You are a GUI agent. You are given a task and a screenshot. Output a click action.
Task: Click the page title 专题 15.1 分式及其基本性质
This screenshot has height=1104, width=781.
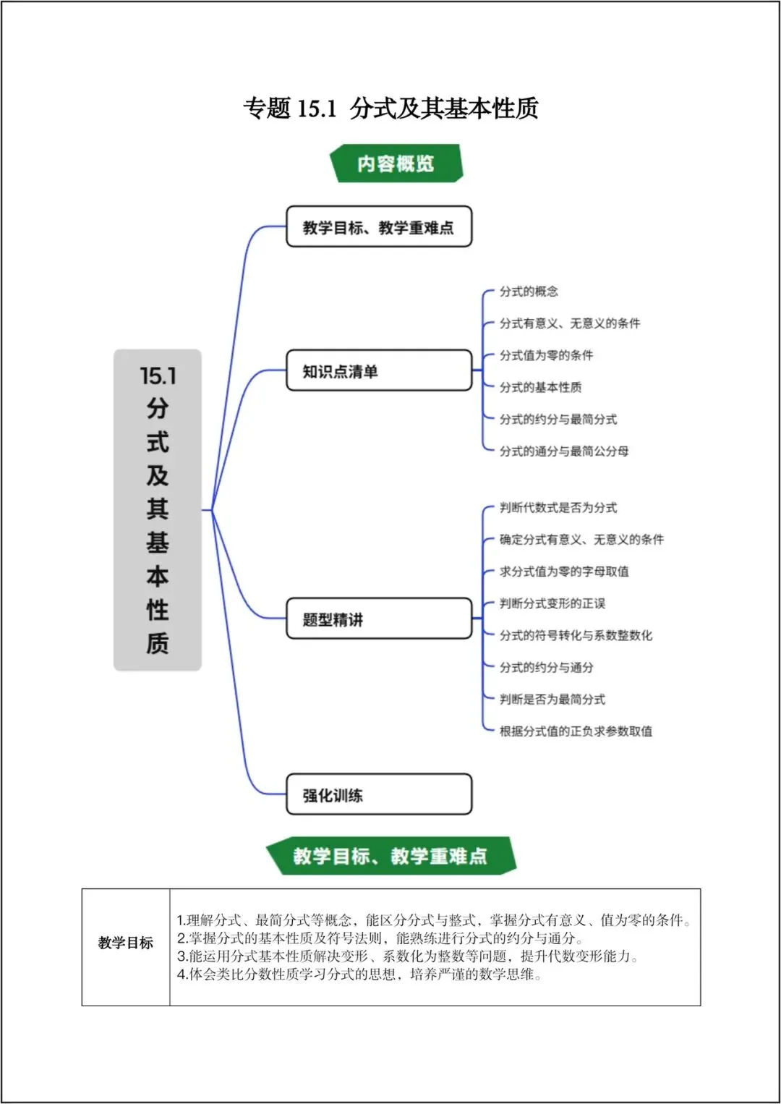coord(390,109)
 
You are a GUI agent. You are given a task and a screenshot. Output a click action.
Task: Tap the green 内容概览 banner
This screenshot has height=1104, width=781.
coord(395,164)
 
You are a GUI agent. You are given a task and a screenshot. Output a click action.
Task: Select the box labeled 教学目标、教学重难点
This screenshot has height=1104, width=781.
coord(379,227)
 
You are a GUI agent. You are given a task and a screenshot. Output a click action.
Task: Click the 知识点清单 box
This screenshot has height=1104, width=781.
coord(379,371)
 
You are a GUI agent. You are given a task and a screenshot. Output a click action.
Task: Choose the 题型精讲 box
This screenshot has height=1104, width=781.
coord(379,619)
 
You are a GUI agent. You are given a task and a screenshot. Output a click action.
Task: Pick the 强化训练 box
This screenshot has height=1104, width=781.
coord(379,795)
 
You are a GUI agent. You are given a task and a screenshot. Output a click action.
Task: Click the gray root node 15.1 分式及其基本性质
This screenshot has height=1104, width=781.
coord(158,510)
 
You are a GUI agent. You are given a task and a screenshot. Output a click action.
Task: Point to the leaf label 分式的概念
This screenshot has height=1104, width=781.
coord(529,292)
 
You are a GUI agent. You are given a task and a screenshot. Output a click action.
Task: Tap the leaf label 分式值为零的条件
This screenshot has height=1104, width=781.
coord(546,355)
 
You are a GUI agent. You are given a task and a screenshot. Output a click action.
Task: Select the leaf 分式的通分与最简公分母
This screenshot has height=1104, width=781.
coord(564,451)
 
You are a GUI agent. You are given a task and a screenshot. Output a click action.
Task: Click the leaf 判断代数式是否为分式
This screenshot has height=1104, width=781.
coord(558,508)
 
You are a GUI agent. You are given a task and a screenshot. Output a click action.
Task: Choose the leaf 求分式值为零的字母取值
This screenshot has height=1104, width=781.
coord(564,572)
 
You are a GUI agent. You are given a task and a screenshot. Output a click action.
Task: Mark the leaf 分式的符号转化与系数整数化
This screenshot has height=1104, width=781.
coord(576,635)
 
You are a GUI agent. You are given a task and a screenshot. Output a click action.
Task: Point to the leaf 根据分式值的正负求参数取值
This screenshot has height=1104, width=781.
coord(576,731)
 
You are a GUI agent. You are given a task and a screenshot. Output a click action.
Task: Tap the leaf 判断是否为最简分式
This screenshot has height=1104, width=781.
coord(552,700)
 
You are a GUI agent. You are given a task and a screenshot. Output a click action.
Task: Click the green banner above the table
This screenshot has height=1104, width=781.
coord(390,856)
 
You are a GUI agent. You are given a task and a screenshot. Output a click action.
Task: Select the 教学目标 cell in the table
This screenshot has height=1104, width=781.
coord(126,943)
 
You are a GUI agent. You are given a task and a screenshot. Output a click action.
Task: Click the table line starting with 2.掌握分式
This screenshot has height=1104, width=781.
coord(380,938)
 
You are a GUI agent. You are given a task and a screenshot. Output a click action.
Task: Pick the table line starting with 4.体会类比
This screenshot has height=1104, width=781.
coord(359,975)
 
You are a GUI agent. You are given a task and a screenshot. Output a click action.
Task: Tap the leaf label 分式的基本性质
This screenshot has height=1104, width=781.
coord(540,388)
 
